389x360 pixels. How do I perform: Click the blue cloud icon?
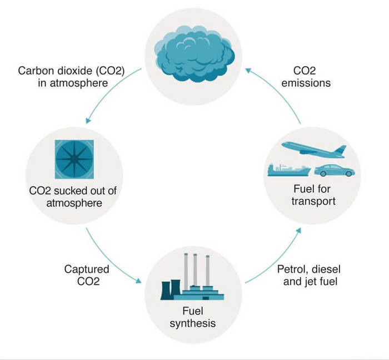coord(193,53)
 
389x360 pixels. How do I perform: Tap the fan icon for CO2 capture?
coord(74,159)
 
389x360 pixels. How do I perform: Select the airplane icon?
coord(313,150)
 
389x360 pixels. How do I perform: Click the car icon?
coord(334,170)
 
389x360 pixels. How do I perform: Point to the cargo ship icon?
coord(288,170)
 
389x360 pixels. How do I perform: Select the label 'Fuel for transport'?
coord(313,195)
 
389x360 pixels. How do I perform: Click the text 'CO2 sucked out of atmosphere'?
coord(74,197)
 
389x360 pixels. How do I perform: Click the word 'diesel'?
coord(321,269)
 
